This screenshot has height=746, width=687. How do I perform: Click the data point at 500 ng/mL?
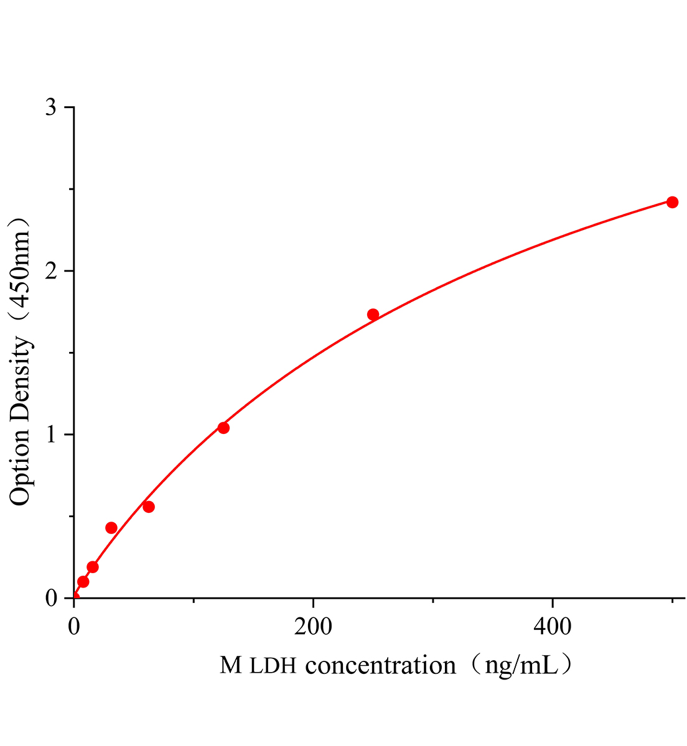pyautogui.click(x=672, y=202)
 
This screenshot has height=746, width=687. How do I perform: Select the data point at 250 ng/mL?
pyautogui.click(x=373, y=315)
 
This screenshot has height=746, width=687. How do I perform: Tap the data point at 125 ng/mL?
pyautogui.click(x=223, y=428)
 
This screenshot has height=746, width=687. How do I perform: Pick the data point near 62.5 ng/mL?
pyautogui.click(x=149, y=507)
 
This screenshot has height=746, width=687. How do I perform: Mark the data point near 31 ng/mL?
pyautogui.click(x=111, y=528)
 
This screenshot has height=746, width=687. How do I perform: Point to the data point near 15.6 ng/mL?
pyautogui.click(x=93, y=567)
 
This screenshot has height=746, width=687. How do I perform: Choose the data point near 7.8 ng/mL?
pyautogui.click(x=83, y=582)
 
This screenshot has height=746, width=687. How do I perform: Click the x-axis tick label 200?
pyautogui.click(x=312, y=627)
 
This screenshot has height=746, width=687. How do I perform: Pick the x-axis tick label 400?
pyautogui.click(x=553, y=627)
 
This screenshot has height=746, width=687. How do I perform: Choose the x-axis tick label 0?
pyautogui.click(x=74, y=627)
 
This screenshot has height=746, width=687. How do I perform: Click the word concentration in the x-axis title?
pyautogui.click(x=381, y=666)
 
